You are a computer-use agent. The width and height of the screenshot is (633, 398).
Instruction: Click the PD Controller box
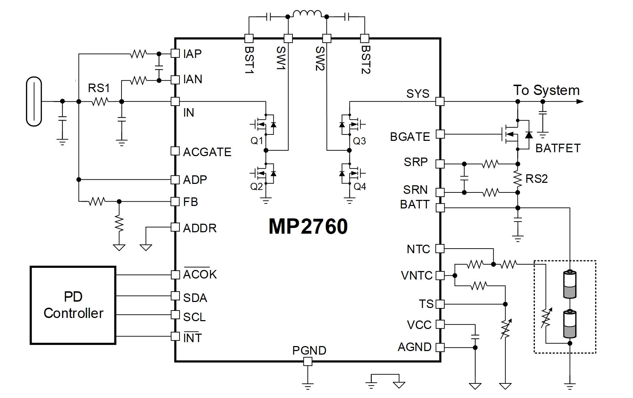pos(73,305)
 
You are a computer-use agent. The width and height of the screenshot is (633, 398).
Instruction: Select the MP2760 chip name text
pos(308,227)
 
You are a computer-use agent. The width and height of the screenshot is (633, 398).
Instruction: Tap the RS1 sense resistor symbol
pos(100,102)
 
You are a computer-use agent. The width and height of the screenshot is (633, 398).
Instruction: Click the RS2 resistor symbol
pos(518,178)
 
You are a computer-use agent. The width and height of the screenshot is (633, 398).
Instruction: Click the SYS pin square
pos(440,101)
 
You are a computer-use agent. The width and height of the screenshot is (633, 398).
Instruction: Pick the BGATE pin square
pos(440,134)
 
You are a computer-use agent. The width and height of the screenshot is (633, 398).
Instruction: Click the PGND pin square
pos(308,362)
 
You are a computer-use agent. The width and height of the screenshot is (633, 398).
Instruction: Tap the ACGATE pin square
pos(175,151)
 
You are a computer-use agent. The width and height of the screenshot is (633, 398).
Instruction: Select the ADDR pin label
pos(199,228)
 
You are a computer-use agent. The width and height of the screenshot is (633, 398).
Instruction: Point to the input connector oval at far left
pos(34,102)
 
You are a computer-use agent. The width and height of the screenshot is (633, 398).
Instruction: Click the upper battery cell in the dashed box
pos(570,284)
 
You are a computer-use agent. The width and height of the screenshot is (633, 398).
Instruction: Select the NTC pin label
pos(418,249)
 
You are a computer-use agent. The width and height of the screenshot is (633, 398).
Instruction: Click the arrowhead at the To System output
pos(579,102)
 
